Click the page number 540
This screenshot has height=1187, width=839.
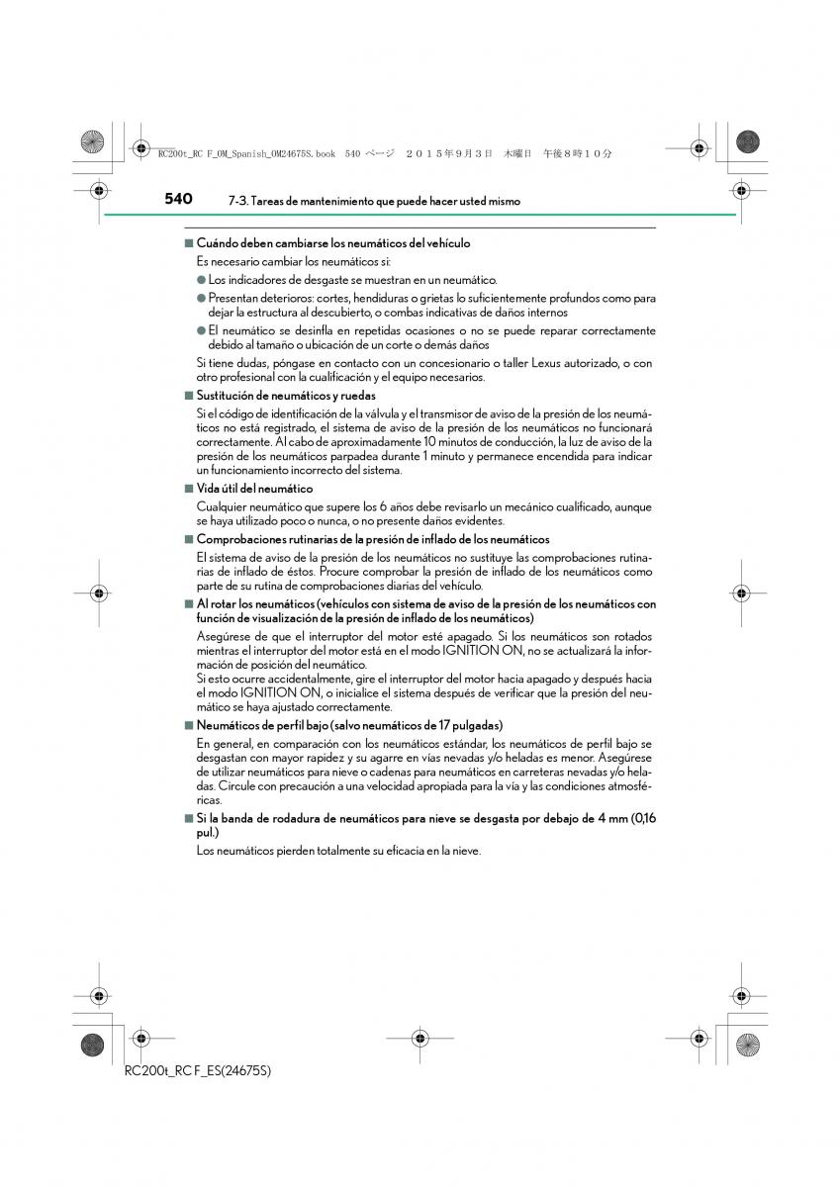click(x=179, y=199)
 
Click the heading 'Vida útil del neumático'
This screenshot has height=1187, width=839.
click(x=254, y=489)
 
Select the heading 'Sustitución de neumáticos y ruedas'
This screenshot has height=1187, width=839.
click(x=286, y=396)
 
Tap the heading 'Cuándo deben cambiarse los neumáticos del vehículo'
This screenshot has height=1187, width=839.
click(x=333, y=243)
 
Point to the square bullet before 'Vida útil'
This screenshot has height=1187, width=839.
click(x=187, y=489)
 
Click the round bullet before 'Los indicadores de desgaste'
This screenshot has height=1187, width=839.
click(x=201, y=280)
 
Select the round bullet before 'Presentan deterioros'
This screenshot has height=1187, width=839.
click(x=201, y=298)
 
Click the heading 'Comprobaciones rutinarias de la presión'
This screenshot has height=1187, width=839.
click(x=373, y=539)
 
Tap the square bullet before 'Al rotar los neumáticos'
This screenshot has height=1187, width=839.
click(x=187, y=603)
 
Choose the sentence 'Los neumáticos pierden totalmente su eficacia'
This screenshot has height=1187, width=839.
click(x=338, y=851)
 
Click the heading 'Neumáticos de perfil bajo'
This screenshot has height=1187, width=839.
click(x=349, y=725)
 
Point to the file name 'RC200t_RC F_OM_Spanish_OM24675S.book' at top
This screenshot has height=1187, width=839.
click(x=246, y=153)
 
